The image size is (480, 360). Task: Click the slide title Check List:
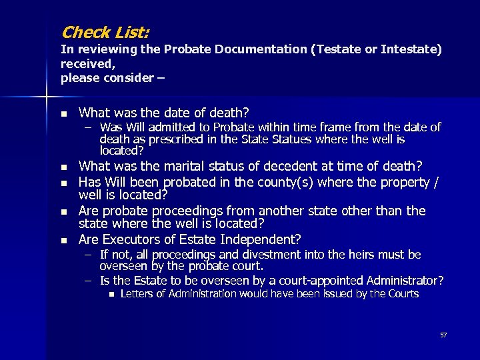[x=105, y=31]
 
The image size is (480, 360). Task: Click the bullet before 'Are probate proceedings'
[x=63, y=211]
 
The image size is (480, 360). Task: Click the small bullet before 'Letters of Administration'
[x=111, y=294]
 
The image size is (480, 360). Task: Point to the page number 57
[x=443, y=335]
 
